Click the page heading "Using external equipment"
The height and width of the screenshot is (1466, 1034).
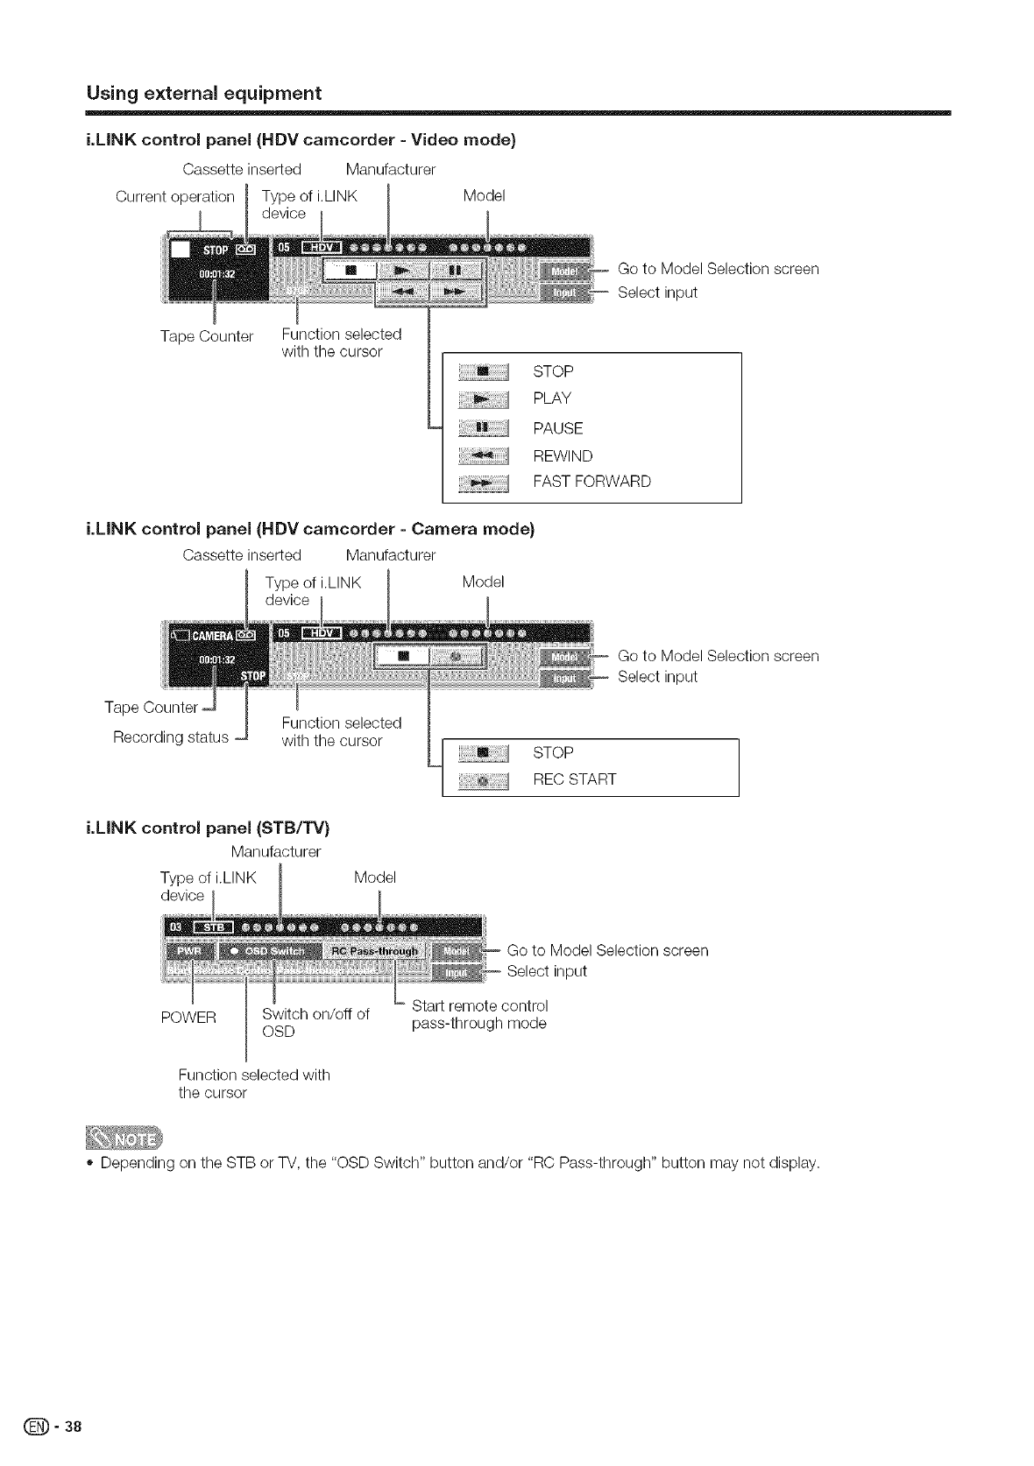coord(203,93)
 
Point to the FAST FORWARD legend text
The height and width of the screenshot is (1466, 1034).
coord(591,482)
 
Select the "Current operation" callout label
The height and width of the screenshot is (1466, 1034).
coord(175,196)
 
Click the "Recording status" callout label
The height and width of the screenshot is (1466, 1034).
coord(171,737)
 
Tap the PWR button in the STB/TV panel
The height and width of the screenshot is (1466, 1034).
coord(189,951)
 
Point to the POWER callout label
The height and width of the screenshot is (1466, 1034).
coord(188,1018)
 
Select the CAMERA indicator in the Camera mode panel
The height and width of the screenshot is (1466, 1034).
coord(210,636)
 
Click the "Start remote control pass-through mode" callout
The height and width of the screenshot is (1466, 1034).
coord(479,1014)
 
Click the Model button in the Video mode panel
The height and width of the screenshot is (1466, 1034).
coord(566,270)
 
